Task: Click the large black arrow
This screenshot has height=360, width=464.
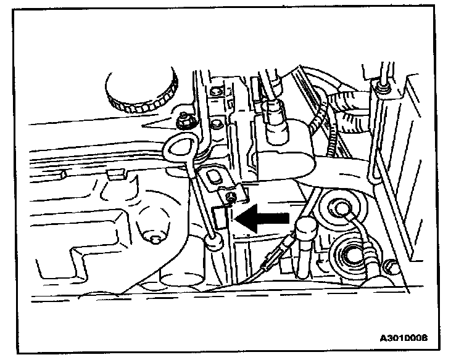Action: pyautogui.click(x=262, y=217)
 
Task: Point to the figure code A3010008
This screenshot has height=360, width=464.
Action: pyautogui.click(x=404, y=337)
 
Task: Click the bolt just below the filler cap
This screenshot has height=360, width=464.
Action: pyautogui.click(x=184, y=117)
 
